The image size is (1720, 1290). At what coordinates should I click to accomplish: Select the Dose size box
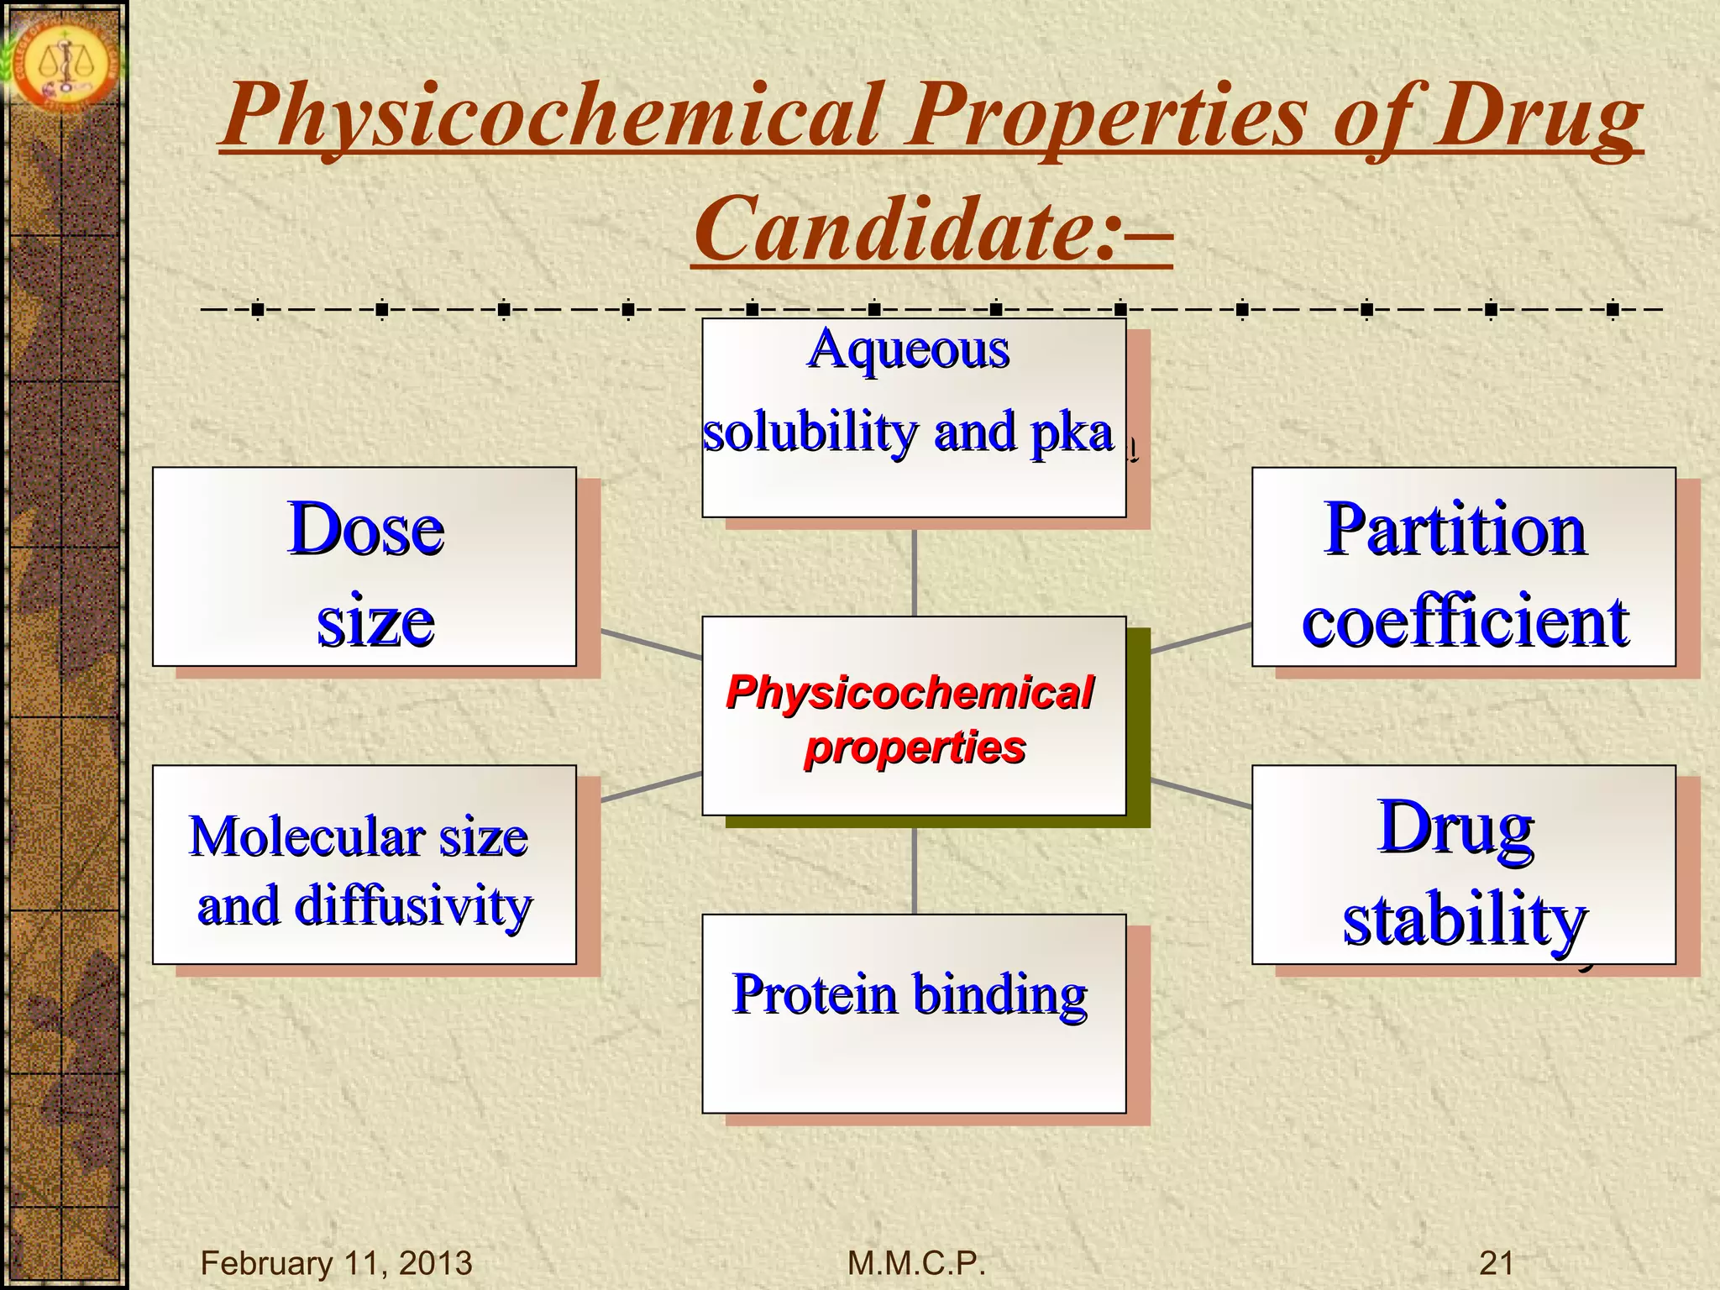click(x=364, y=567)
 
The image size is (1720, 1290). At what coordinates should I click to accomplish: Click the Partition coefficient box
click(x=1463, y=567)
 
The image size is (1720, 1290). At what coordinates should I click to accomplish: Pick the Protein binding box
click(x=913, y=1013)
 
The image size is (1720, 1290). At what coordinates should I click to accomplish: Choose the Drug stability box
click(x=1463, y=865)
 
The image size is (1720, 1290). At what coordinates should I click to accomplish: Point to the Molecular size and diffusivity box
click(x=364, y=865)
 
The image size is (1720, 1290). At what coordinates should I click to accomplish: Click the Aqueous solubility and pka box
click(x=913, y=417)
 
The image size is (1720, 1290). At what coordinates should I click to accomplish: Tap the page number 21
click(x=1496, y=1262)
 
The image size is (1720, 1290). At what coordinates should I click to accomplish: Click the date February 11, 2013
click(x=336, y=1262)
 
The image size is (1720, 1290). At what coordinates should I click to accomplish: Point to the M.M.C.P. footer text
click(x=916, y=1262)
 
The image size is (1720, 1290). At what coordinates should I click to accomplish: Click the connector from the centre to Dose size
click(x=651, y=644)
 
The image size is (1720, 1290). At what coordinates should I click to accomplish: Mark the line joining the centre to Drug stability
click(x=1201, y=793)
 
